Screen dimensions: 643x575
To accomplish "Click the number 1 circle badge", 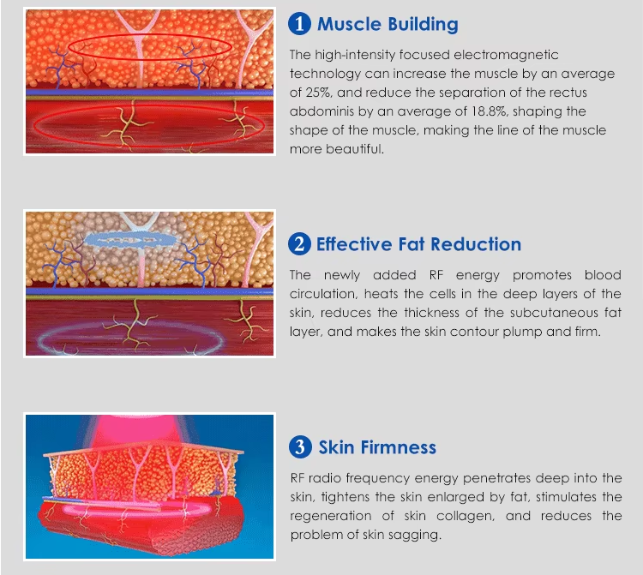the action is [299, 23].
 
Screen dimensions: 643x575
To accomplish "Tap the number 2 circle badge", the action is [299, 244].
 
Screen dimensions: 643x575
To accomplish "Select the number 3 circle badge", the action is [301, 446].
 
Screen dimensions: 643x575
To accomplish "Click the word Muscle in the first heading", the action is [350, 24].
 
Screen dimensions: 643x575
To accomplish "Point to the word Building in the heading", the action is [424, 25].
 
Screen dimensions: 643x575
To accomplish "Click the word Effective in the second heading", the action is [354, 244].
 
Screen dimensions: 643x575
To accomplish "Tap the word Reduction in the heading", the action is [476, 244].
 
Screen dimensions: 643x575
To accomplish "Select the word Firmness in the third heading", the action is [398, 447].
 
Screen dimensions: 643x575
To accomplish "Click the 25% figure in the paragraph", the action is [318, 93].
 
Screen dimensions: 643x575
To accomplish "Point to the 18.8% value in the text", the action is [489, 111].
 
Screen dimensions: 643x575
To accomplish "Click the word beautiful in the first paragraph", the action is [354, 149].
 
